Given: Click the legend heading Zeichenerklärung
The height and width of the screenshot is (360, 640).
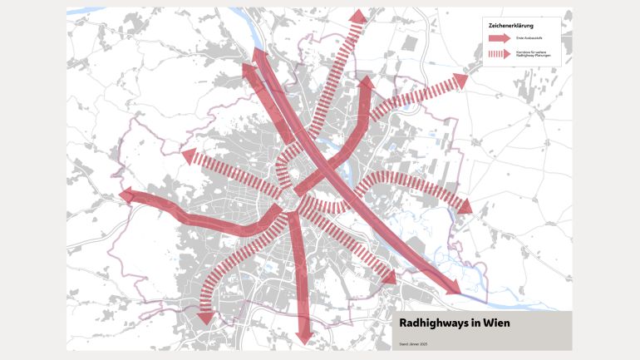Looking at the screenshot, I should (x=510, y=25).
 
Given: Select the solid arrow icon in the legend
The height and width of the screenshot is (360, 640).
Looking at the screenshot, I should (x=499, y=38).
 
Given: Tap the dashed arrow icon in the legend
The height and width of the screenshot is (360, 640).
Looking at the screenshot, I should (x=499, y=54).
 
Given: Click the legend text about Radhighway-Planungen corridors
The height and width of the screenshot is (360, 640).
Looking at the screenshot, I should (x=533, y=54).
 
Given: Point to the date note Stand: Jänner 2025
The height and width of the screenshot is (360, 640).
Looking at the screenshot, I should (x=414, y=343).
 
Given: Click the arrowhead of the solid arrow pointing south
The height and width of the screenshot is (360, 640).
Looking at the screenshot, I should (x=303, y=336).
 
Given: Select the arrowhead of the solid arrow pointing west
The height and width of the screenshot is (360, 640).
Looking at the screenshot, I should (x=127, y=195).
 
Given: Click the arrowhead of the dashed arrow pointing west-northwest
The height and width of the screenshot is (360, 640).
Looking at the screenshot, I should (x=187, y=155).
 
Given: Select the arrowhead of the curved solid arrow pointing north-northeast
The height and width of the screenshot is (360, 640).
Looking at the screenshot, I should (x=363, y=83).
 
